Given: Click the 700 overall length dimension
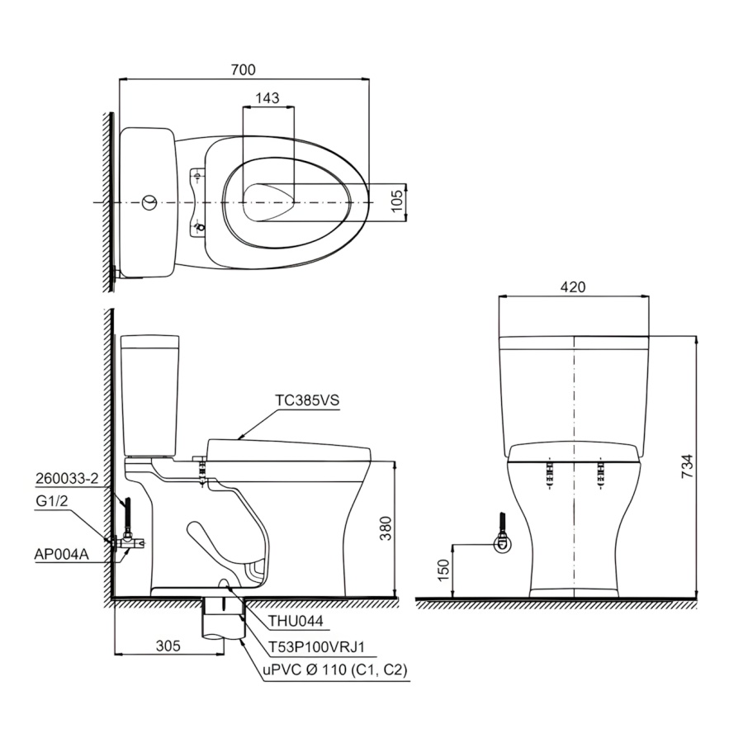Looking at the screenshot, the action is point(243,69).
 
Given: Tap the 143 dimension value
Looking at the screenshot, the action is point(267,98).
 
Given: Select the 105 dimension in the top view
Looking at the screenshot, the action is point(397,201).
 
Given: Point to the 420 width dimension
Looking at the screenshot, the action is point(573,286).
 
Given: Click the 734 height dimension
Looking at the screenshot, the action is point(687,466).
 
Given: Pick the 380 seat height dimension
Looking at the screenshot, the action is point(386,528).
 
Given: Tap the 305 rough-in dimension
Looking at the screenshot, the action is point(168,646).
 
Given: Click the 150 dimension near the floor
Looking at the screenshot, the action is point(442,570).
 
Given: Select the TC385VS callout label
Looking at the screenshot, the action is point(308,400).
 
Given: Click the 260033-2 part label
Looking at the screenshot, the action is point(67,479).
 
